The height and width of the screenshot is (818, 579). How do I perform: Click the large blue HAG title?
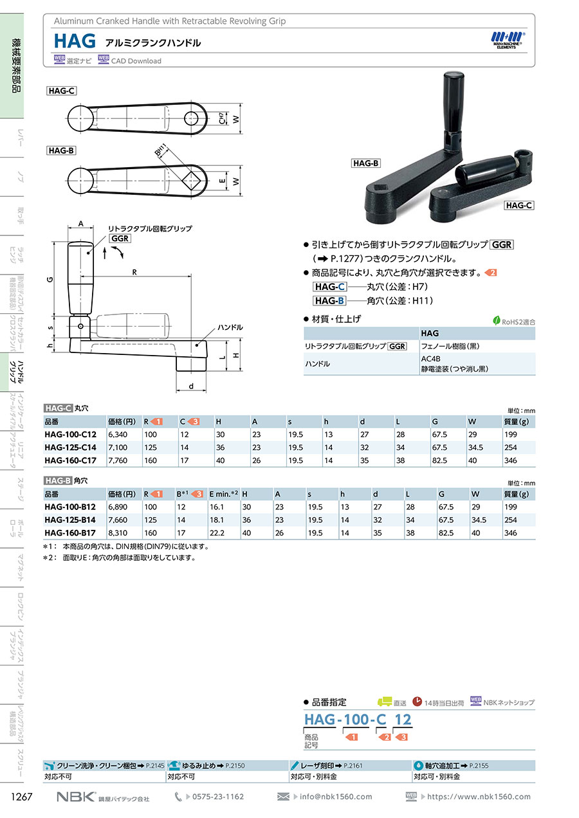coord(75,41)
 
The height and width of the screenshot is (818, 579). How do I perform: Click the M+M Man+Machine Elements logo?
coord(508,40)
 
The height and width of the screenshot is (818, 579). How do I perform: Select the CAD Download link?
coord(136,61)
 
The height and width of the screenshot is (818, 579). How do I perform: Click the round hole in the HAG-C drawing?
coord(192,118)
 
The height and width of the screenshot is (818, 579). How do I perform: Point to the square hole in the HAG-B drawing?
coord(192,181)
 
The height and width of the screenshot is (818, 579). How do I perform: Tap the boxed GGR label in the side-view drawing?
coord(120,239)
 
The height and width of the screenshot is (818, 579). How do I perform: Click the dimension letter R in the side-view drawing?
coord(134,272)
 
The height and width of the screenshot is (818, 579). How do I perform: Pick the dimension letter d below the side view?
coord(191,386)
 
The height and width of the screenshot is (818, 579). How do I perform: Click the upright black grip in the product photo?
coord(454,106)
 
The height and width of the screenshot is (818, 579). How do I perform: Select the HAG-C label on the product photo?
coord(519,206)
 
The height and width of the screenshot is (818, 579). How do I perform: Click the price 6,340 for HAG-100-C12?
coord(118,435)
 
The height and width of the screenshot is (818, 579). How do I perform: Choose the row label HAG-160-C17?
coord(71,460)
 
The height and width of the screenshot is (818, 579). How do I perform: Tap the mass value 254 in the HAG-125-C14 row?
coord(511,448)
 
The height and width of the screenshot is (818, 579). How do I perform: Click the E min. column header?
coord(224,494)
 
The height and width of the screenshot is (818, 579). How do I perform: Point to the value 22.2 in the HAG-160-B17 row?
coord(217,533)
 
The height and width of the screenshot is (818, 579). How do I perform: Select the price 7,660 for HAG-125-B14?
coord(118,520)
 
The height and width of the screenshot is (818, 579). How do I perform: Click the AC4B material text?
coord(430,359)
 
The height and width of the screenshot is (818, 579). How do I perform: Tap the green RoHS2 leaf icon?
coord(496,321)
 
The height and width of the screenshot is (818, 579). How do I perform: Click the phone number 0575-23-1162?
coord(218,796)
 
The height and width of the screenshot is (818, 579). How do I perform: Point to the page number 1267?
coord(22,796)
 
